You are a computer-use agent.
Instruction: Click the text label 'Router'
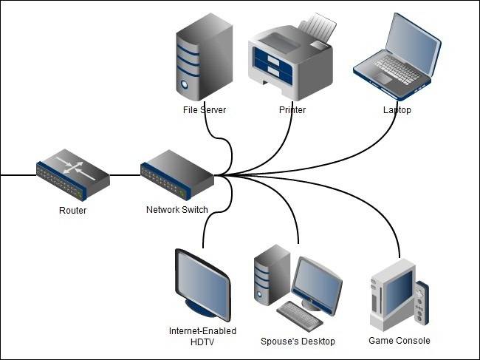pyautogui.click(x=72, y=211)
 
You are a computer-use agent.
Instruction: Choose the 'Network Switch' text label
pyautogui.click(x=176, y=210)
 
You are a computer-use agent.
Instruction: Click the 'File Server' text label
pyautogui.click(x=204, y=110)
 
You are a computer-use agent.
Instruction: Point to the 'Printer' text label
pyautogui.click(x=292, y=110)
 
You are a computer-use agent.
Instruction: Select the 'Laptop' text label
pyautogui.click(x=397, y=110)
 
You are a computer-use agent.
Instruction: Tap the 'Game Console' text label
pyautogui.click(x=399, y=341)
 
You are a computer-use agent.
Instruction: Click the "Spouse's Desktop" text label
pyautogui.click(x=298, y=342)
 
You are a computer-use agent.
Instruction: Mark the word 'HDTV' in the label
pyautogui.click(x=202, y=342)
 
